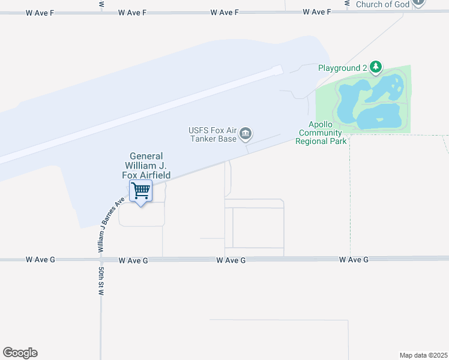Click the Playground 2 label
coord(342,68)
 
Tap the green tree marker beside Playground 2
coord(376,67)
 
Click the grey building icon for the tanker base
coord(245,134)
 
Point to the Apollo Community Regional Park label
coord(321,133)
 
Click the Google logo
coord(20,353)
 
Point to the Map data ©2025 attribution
coord(423,355)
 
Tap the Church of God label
coord(382,4)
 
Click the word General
coord(147,156)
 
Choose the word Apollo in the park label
coord(313,125)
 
